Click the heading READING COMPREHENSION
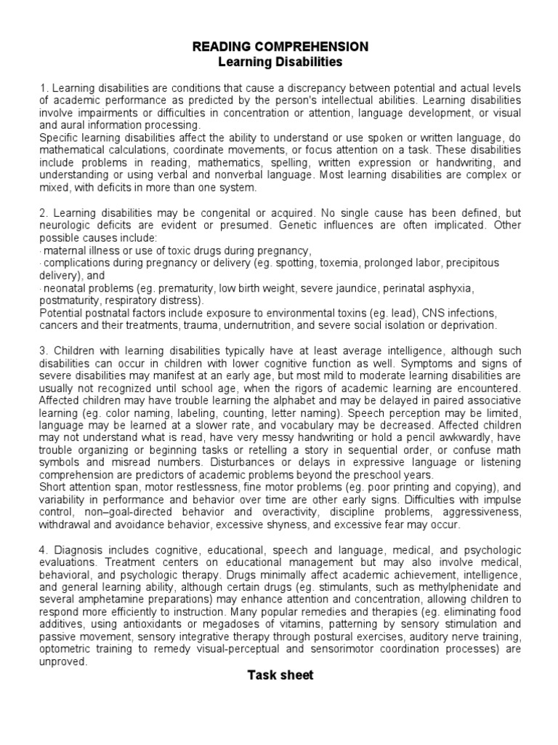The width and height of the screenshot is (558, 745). tap(280, 47)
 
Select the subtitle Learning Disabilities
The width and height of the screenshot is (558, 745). tap(280, 62)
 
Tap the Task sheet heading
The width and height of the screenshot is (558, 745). tap(280, 675)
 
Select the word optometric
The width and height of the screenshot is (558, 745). tap(66, 649)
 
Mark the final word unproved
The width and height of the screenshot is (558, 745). tap(63, 661)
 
